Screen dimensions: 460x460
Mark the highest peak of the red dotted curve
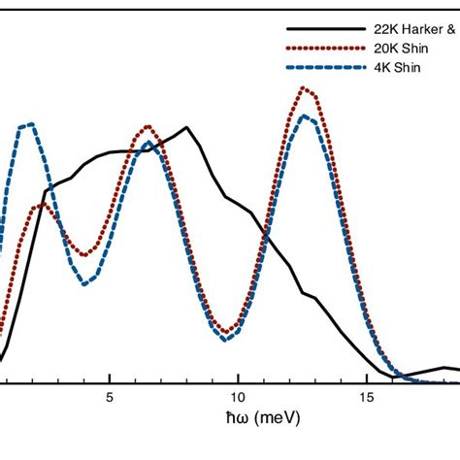click(x=306, y=88)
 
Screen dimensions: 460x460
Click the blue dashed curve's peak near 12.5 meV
click(x=306, y=116)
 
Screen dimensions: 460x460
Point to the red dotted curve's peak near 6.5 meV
click(x=148, y=126)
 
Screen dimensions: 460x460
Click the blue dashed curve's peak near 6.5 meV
click(x=147, y=144)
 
